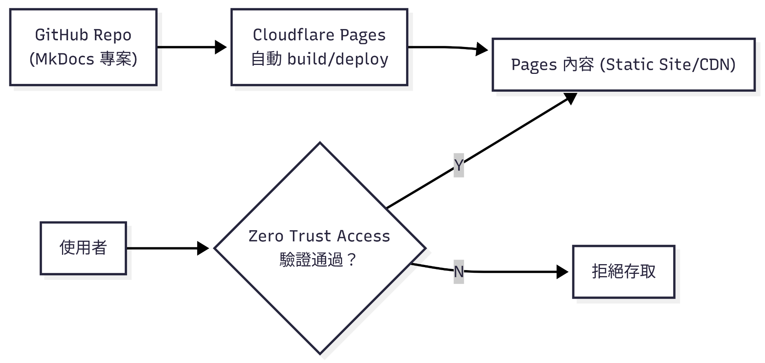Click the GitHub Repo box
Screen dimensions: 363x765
pos(83,47)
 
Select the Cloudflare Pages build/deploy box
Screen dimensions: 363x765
pos(319,47)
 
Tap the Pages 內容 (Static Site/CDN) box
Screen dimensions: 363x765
pos(623,65)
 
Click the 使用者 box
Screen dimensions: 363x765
pos(83,248)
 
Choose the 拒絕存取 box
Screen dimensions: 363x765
pos(623,272)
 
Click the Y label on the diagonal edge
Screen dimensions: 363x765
pos(458,165)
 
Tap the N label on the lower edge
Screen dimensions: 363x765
pos(458,272)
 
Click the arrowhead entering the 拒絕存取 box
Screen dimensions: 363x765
pos(563,272)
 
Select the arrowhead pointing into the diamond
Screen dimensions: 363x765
pos(203,248)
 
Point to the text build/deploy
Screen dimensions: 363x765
pos(338,59)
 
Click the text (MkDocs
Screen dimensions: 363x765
pos(62,59)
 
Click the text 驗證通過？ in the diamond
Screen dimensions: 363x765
pos(319,260)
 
